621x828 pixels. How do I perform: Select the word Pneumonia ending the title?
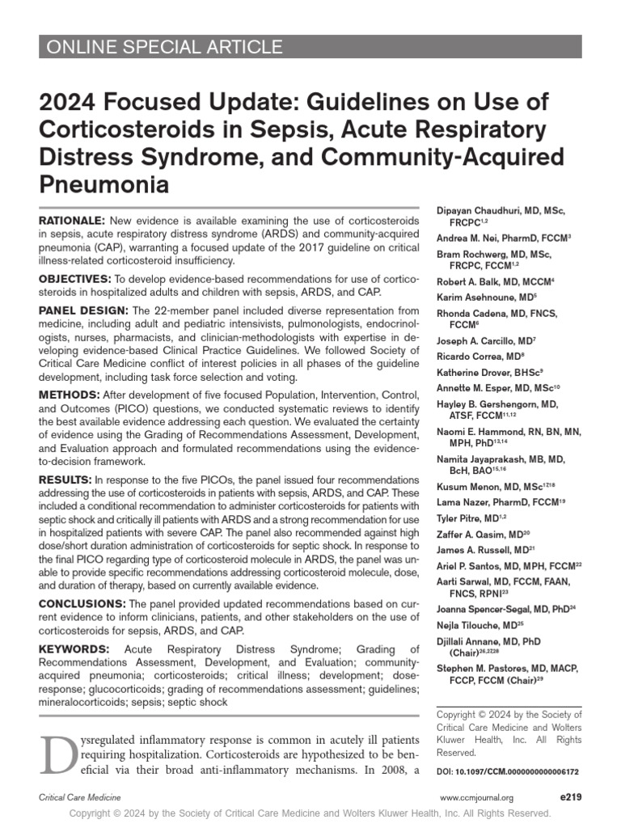104,184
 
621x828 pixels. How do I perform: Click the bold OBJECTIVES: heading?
75,279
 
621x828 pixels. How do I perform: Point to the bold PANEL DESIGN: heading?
84,311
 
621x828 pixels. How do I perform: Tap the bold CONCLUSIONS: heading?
82,604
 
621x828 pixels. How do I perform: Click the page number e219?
570,797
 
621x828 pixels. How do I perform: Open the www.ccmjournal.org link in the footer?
476,798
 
